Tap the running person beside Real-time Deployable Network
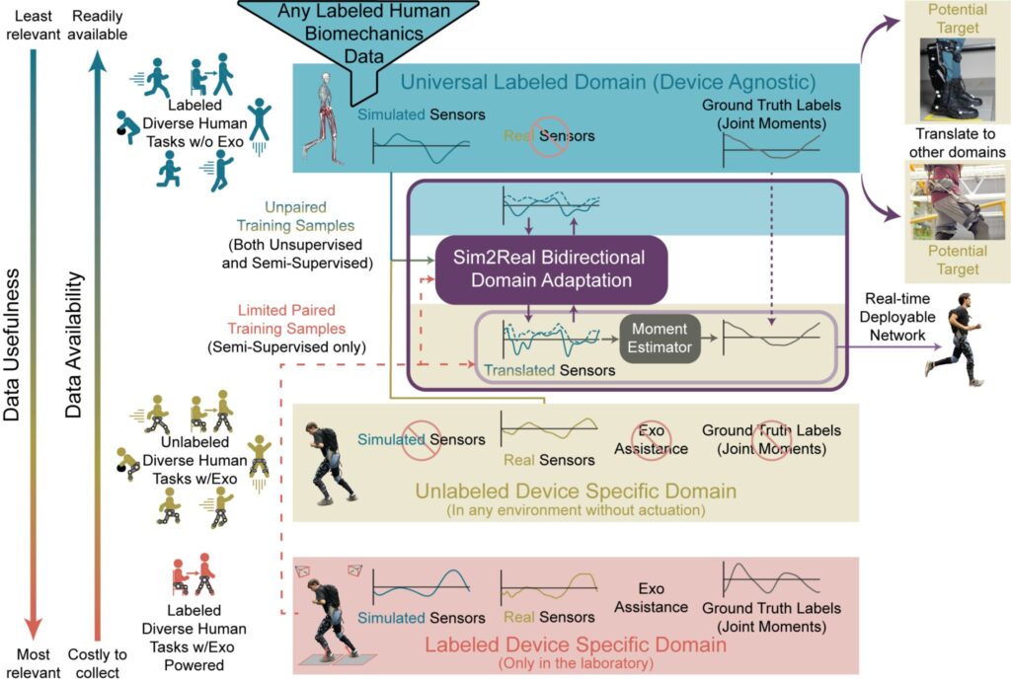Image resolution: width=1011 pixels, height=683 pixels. [953, 340]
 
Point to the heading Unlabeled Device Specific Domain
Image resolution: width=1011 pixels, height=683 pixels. [576, 490]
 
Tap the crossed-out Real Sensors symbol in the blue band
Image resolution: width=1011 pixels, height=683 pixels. [549, 138]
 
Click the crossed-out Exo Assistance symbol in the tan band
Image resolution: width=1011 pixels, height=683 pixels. [652, 438]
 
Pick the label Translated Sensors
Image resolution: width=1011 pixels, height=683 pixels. [549, 370]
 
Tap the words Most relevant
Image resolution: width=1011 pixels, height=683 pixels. [32, 663]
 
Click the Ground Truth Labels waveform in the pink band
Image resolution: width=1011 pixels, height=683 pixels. [772, 581]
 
